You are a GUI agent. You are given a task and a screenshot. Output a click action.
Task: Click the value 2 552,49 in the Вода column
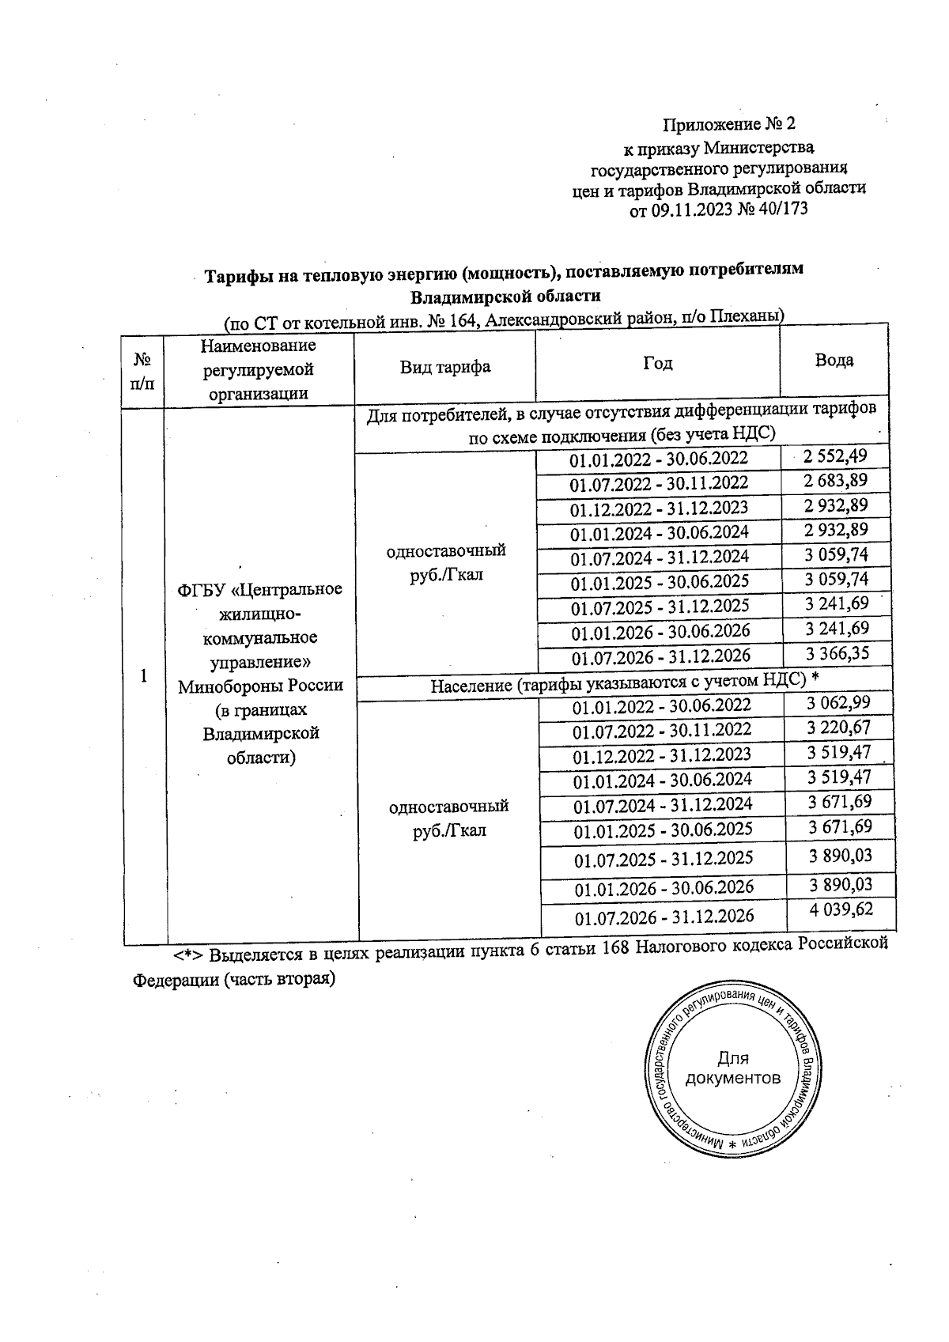834,456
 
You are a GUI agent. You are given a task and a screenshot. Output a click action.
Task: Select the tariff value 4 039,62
841,909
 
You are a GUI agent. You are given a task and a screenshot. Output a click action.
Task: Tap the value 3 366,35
837,653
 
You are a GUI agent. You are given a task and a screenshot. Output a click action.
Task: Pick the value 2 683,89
835,480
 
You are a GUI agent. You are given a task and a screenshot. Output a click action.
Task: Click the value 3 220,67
838,727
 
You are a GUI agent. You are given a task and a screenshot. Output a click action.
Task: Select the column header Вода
834,361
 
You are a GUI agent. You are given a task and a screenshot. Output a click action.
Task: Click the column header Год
657,363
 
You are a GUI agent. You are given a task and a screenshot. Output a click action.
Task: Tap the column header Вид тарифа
444,367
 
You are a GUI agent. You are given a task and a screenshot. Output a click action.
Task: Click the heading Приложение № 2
728,125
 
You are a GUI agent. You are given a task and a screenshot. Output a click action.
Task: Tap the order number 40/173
784,210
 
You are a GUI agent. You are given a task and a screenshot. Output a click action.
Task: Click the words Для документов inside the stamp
732,1068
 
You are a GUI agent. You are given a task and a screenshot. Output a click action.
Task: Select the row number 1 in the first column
143,676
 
